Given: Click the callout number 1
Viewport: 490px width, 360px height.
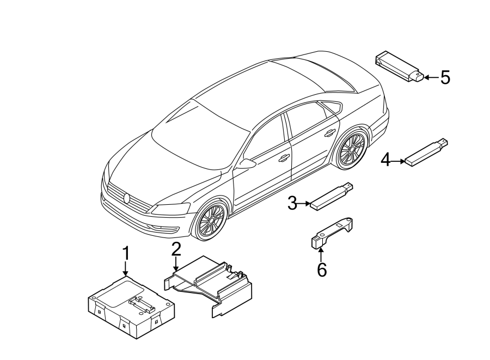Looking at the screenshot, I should pyautogui.click(x=126, y=254).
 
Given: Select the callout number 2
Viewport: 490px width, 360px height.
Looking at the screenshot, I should pyautogui.click(x=176, y=249).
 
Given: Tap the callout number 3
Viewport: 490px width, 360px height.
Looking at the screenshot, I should pyautogui.click(x=292, y=204).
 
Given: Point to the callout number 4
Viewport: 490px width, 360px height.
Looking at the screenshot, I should pyautogui.click(x=385, y=160).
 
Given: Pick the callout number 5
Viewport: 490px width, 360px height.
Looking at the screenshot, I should pyautogui.click(x=445, y=78).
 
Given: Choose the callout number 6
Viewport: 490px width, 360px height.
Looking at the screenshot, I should pyautogui.click(x=322, y=269).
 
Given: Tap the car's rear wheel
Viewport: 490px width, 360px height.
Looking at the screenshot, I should pyautogui.click(x=351, y=149).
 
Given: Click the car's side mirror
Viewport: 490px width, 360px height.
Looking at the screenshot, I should pyautogui.click(x=247, y=163).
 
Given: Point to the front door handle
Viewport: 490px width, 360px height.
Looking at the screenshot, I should pyautogui.click(x=284, y=158).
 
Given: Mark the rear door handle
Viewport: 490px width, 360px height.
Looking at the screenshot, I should pyautogui.click(x=329, y=132).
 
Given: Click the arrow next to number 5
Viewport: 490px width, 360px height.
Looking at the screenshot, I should pyautogui.click(x=431, y=78).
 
